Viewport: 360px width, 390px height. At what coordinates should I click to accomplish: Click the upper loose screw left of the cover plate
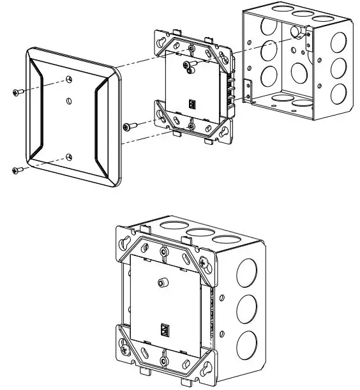point(17,93)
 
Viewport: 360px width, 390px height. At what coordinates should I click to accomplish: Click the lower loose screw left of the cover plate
point(17,170)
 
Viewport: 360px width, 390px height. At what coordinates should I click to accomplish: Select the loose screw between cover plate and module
point(130,126)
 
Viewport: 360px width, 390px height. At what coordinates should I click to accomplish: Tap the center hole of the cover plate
point(69,100)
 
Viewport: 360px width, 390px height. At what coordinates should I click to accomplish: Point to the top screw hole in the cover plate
point(69,79)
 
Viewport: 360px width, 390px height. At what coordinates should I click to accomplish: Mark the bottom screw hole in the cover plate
point(70,157)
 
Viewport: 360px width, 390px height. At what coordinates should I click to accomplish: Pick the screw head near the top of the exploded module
point(188,66)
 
